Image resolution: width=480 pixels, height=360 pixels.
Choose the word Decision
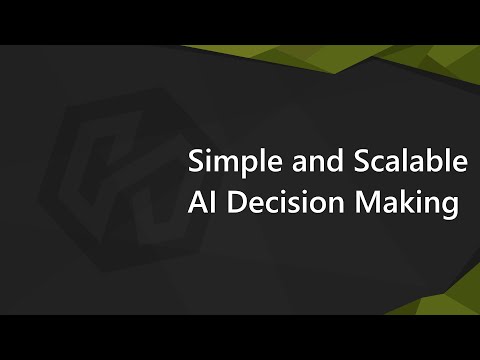(x=277, y=203)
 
